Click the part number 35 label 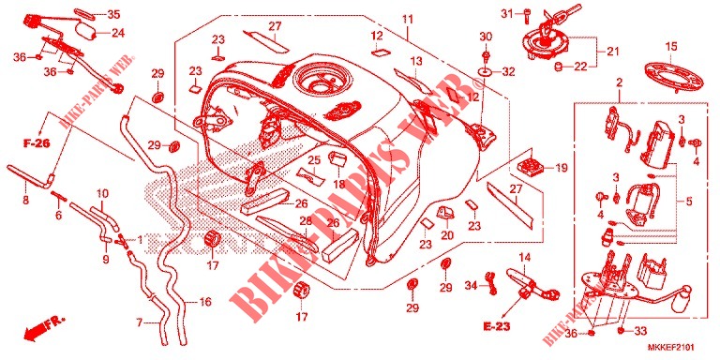pos(112,14)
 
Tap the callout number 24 pos(118,33)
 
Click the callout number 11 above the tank pos(407,20)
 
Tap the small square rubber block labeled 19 pos(531,166)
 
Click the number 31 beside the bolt pos(507,14)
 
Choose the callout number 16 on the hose pos(205,302)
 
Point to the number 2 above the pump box pos(619,83)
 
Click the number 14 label pos(525,257)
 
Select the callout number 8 pos(25,201)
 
